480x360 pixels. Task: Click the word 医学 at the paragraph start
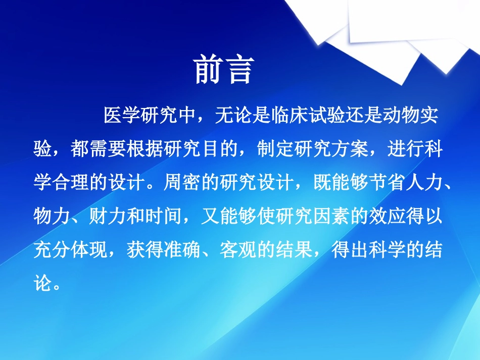tap(122, 116)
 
